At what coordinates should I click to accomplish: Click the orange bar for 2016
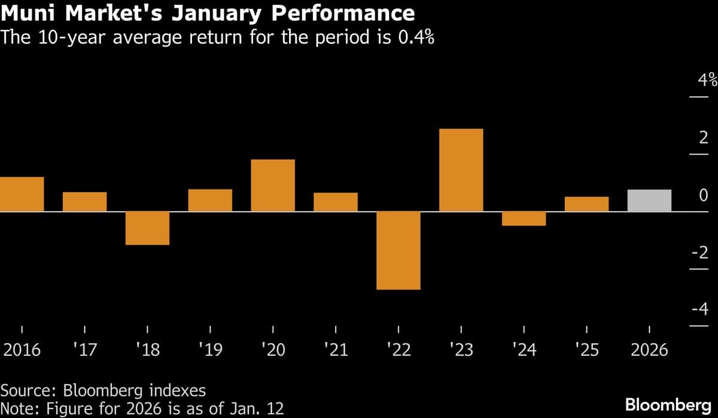coord(22,194)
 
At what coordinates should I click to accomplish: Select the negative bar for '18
coord(147,228)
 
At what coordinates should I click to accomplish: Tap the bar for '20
coord(273,185)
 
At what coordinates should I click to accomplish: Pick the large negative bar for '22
coord(398,251)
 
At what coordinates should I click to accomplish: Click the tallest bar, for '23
coord(461,170)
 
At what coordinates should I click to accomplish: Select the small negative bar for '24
coord(524,219)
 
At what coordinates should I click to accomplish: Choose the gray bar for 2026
coord(649,201)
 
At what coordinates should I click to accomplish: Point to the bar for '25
coord(586,204)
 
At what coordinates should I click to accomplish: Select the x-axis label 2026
coord(649,350)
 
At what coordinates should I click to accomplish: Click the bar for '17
coord(84,202)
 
